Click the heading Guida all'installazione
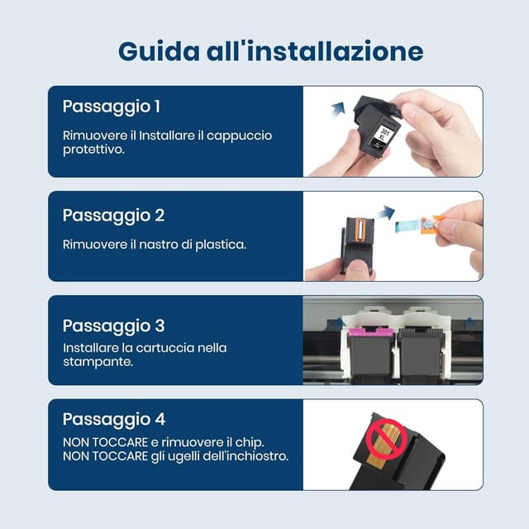click(270, 51)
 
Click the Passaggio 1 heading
click(112, 107)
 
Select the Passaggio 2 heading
click(113, 216)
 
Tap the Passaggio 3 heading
click(113, 326)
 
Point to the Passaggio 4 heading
click(114, 419)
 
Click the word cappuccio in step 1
click(241, 136)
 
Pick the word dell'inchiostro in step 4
click(244, 456)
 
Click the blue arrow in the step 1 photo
click(336, 107)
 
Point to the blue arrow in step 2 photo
click(384, 213)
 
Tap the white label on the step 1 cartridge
click(383, 136)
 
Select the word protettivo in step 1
click(93, 150)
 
